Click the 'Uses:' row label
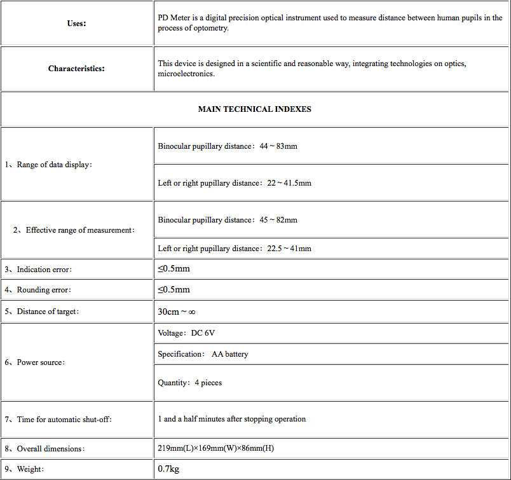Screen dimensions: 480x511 (x=76, y=24)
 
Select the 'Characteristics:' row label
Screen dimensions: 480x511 (x=76, y=69)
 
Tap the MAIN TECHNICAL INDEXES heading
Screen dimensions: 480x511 (x=255, y=109)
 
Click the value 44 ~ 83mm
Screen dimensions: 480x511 (x=278, y=146)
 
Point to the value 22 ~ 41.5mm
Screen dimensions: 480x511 (x=289, y=183)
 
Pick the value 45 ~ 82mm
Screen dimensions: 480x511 (x=278, y=220)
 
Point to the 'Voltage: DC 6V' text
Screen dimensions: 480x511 (x=191, y=333)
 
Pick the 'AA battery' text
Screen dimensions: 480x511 (x=229, y=354)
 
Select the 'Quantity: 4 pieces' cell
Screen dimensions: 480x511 (x=189, y=383)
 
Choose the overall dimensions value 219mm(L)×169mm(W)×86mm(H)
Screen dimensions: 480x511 (x=216, y=449)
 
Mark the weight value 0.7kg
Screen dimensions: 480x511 (x=168, y=470)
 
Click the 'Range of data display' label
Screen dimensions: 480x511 (x=49, y=165)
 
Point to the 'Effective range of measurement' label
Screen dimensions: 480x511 (x=74, y=230)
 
